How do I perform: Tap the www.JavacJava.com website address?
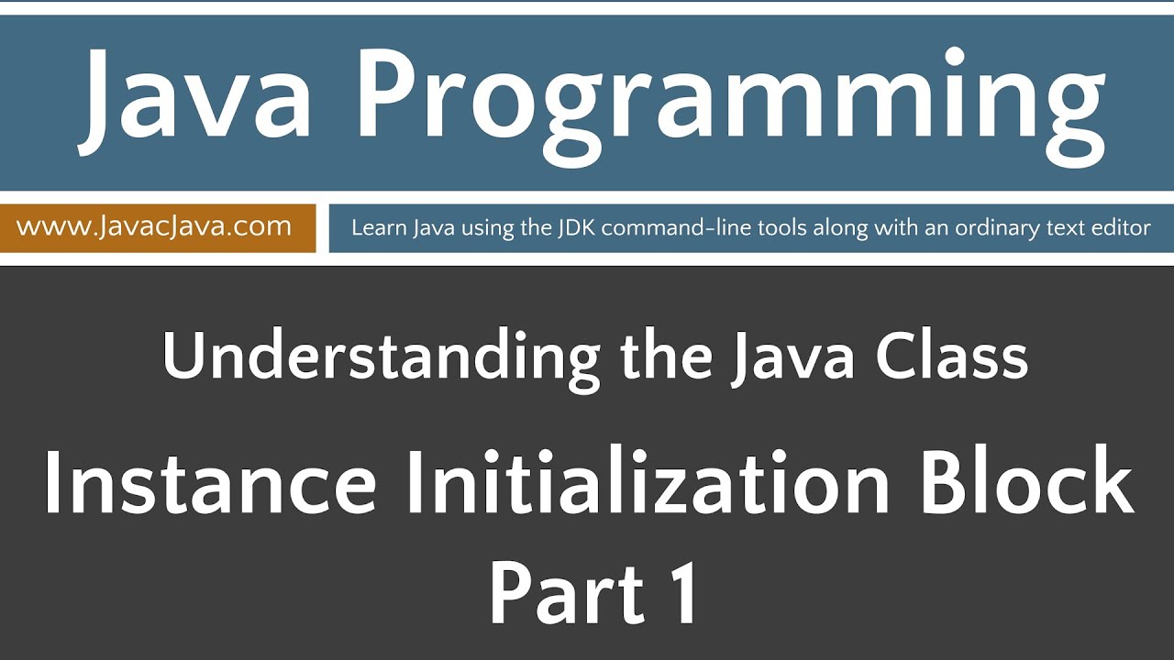(x=154, y=226)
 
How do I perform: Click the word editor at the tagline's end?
(x=1122, y=227)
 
